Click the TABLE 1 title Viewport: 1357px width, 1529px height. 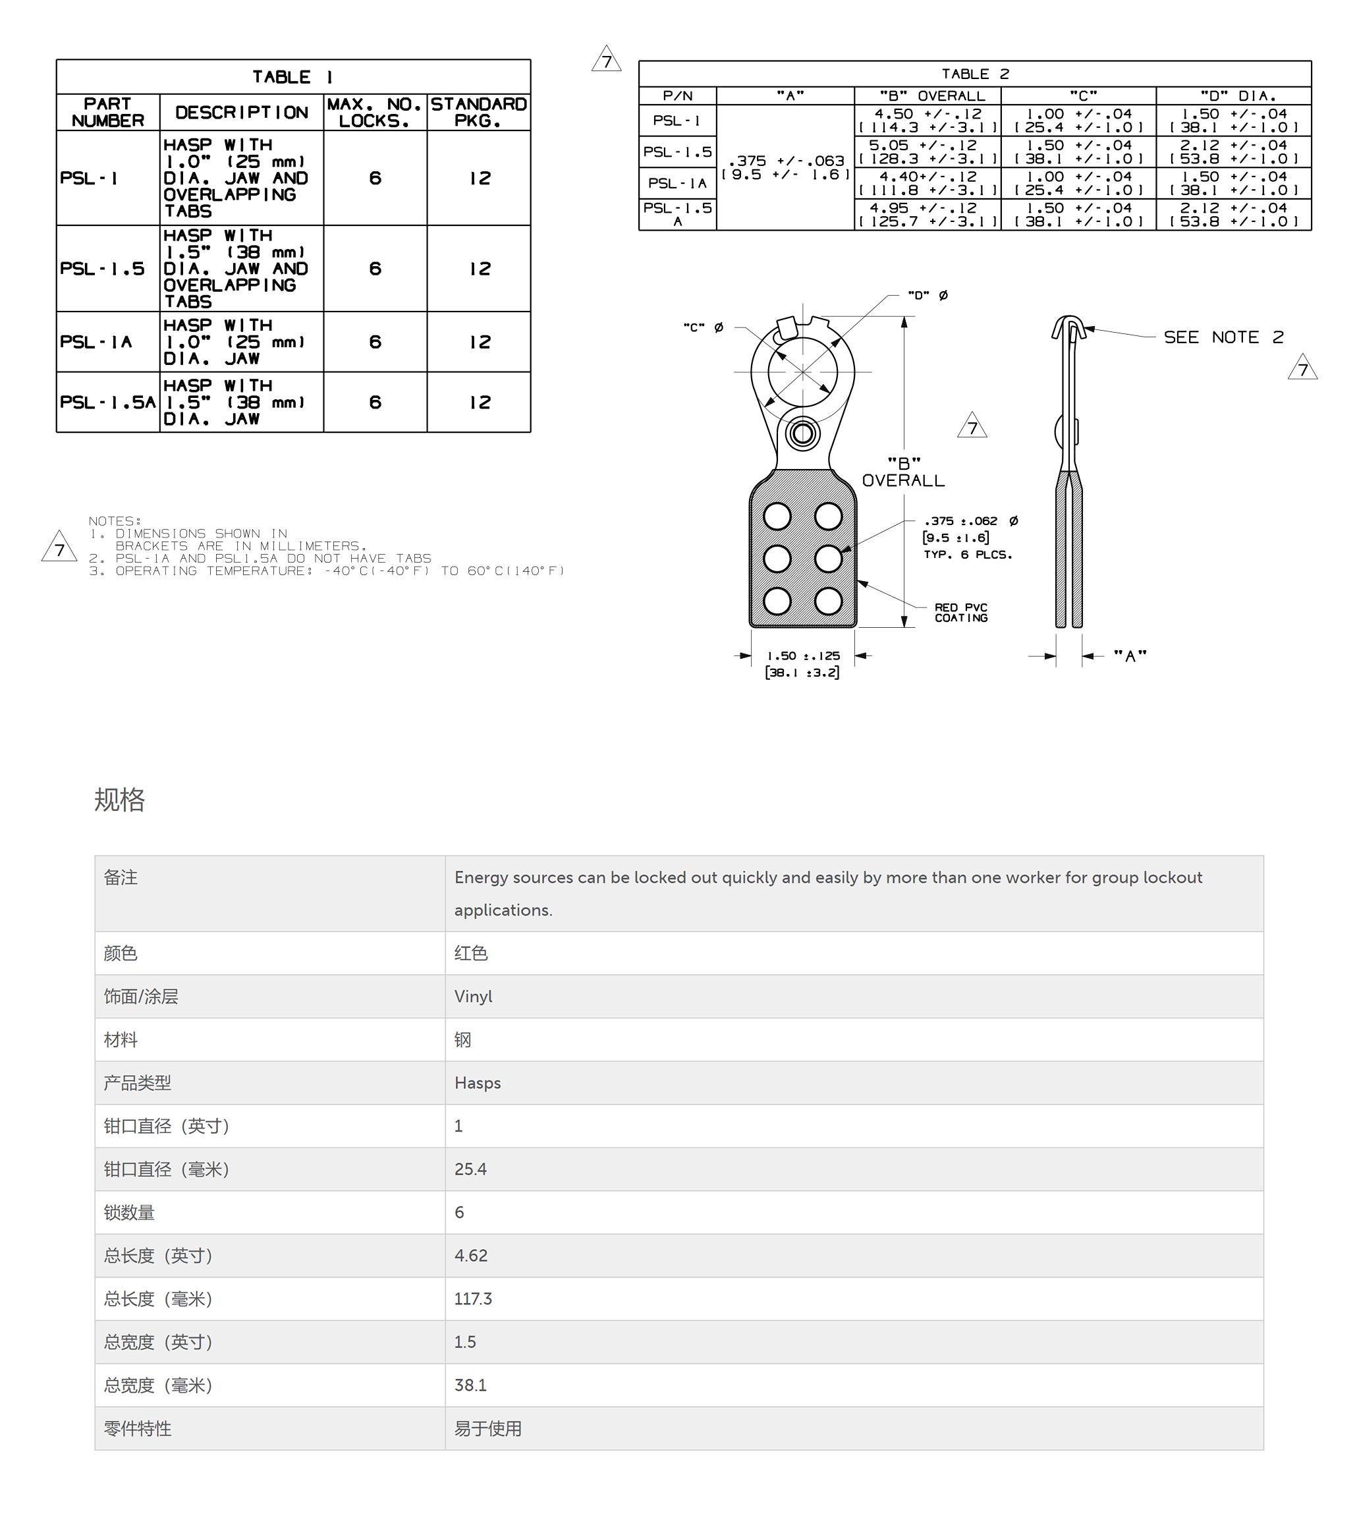pos(292,77)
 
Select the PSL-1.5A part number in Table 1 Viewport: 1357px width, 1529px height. pos(108,403)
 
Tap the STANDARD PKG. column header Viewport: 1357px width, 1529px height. pos(479,112)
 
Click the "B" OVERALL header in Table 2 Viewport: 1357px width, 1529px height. pos(932,96)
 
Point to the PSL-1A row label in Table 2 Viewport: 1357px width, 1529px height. pos(677,183)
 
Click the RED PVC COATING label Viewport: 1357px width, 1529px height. pos(961,613)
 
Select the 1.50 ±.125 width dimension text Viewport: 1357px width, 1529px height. pos(803,656)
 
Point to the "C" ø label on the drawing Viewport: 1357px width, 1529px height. pos(703,327)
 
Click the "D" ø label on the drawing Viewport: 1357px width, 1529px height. pos(928,296)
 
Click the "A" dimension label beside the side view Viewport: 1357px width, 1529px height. pos(1130,656)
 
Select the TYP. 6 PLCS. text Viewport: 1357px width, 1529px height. pos(967,554)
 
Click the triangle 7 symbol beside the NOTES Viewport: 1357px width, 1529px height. pos(59,547)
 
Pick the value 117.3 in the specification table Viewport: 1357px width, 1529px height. pos(473,1298)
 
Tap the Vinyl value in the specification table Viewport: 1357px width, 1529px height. pos(473,997)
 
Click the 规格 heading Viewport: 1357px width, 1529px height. pos(120,800)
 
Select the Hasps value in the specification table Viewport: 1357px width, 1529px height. pos(478,1082)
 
